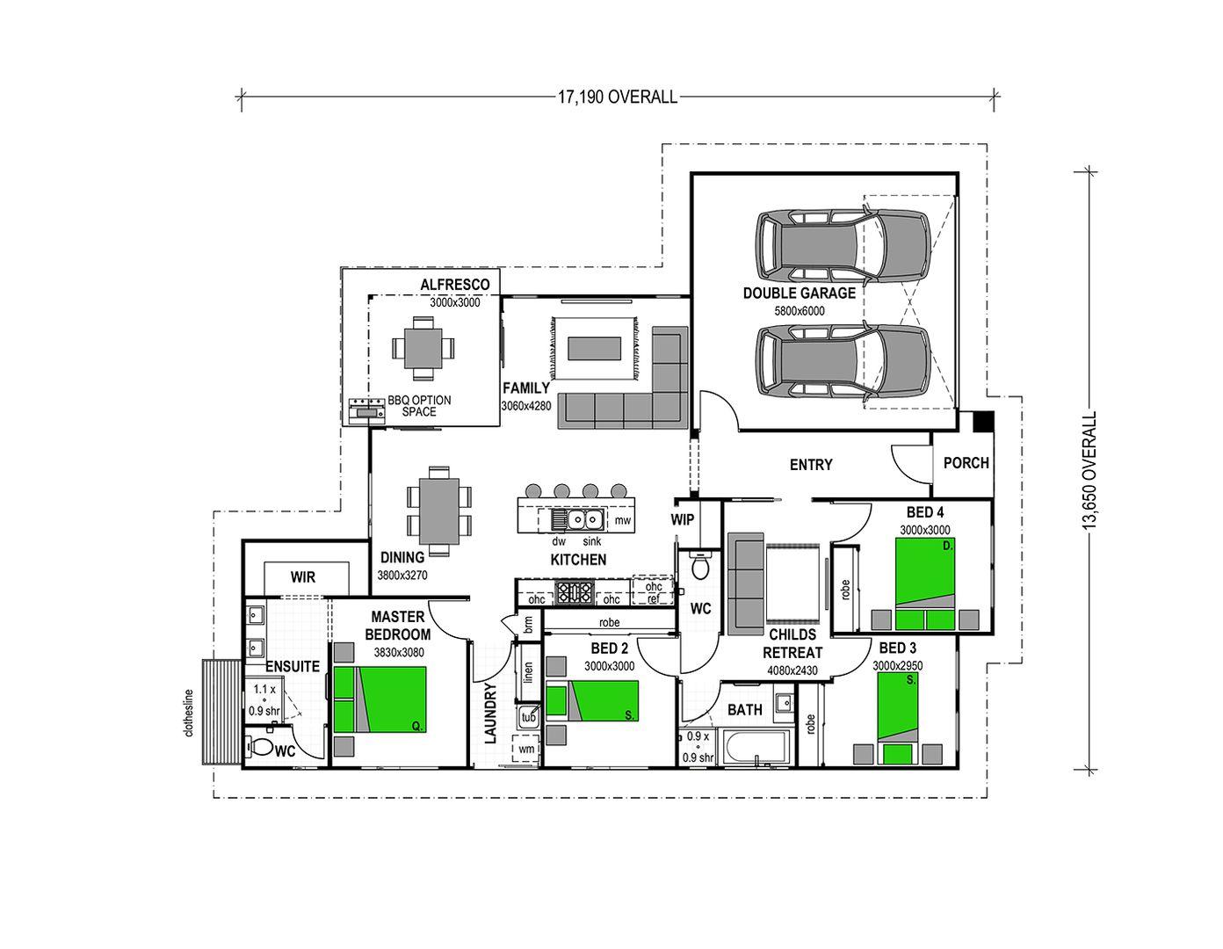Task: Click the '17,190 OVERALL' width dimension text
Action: click(618, 97)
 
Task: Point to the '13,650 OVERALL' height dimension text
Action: click(1090, 470)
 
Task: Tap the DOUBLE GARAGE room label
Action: click(800, 293)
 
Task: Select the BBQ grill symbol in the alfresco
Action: click(367, 410)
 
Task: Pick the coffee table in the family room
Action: click(594, 349)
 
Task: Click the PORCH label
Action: click(966, 463)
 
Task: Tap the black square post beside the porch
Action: click(984, 422)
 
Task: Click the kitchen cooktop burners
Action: click(574, 593)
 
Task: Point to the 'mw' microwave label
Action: click(622, 520)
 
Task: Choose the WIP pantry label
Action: click(682, 519)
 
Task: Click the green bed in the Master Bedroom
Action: click(380, 699)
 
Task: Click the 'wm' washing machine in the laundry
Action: click(525, 749)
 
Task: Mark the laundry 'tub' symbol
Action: click(529, 717)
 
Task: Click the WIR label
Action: click(303, 577)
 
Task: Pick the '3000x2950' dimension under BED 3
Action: click(898, 666)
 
